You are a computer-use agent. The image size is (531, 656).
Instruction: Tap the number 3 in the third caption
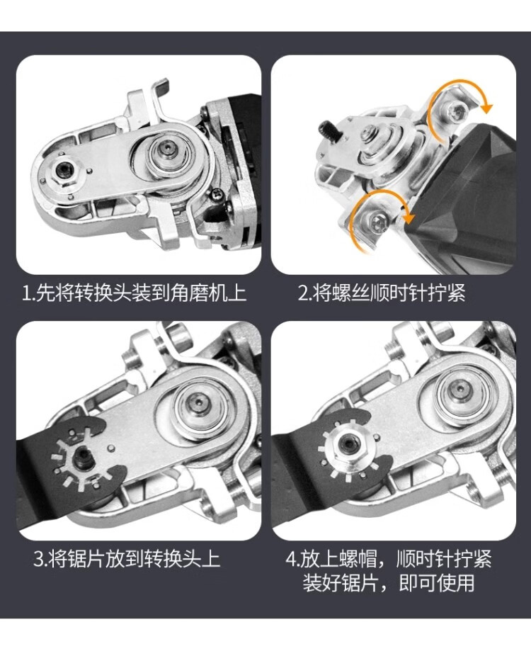click(38, 559)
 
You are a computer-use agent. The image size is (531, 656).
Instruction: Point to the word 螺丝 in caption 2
click(350, 293)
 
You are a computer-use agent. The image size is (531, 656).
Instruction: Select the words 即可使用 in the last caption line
click(437, 583)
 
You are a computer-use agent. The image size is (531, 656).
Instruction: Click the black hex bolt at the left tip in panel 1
click(64, 169)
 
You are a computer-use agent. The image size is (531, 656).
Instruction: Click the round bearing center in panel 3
click(197, 403)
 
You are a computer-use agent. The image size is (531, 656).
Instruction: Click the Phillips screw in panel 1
click(217, 193)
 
